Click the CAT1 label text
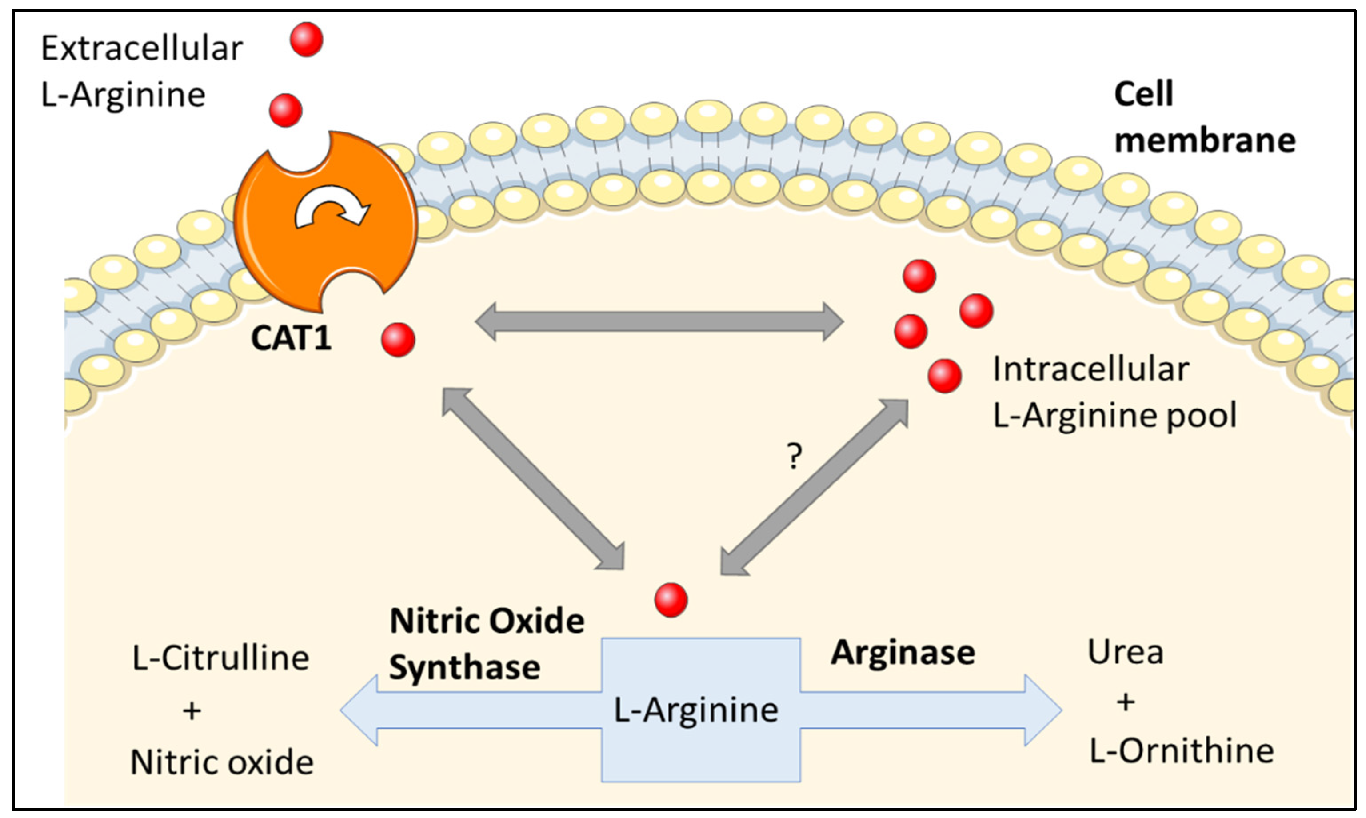tap(291, 338)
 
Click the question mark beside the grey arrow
tap(794, 457)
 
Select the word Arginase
tap(903, 653)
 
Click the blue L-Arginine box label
tap(696, 710)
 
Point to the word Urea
tap(1125, 653)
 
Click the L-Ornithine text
tap(1182, 751)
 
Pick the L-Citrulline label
tap(220, 658)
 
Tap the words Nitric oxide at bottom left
tap(222, 763)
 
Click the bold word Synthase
tap(464, 668)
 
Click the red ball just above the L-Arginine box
tap(671, 600)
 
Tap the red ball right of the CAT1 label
tap(398, 340)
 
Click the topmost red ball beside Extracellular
tap(306, 39)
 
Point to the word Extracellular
tap(142, 48)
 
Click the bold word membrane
tap(1205, 140)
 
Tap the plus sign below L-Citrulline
tap(192, 711)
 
